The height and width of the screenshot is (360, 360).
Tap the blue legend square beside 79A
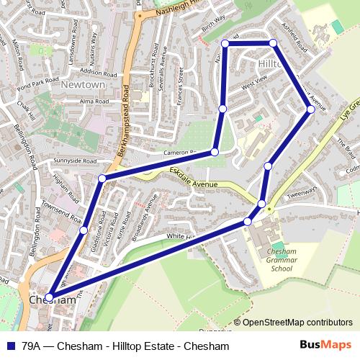[9, 346]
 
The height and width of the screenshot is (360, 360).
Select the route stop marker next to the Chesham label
[49, 297]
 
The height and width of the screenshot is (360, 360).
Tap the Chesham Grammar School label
[276, 260]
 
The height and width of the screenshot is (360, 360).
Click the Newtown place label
[85, 85]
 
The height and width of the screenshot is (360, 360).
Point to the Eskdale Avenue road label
[193, 178]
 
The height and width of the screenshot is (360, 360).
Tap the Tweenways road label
[301, 192]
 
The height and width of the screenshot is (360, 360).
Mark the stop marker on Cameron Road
[215, 152]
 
